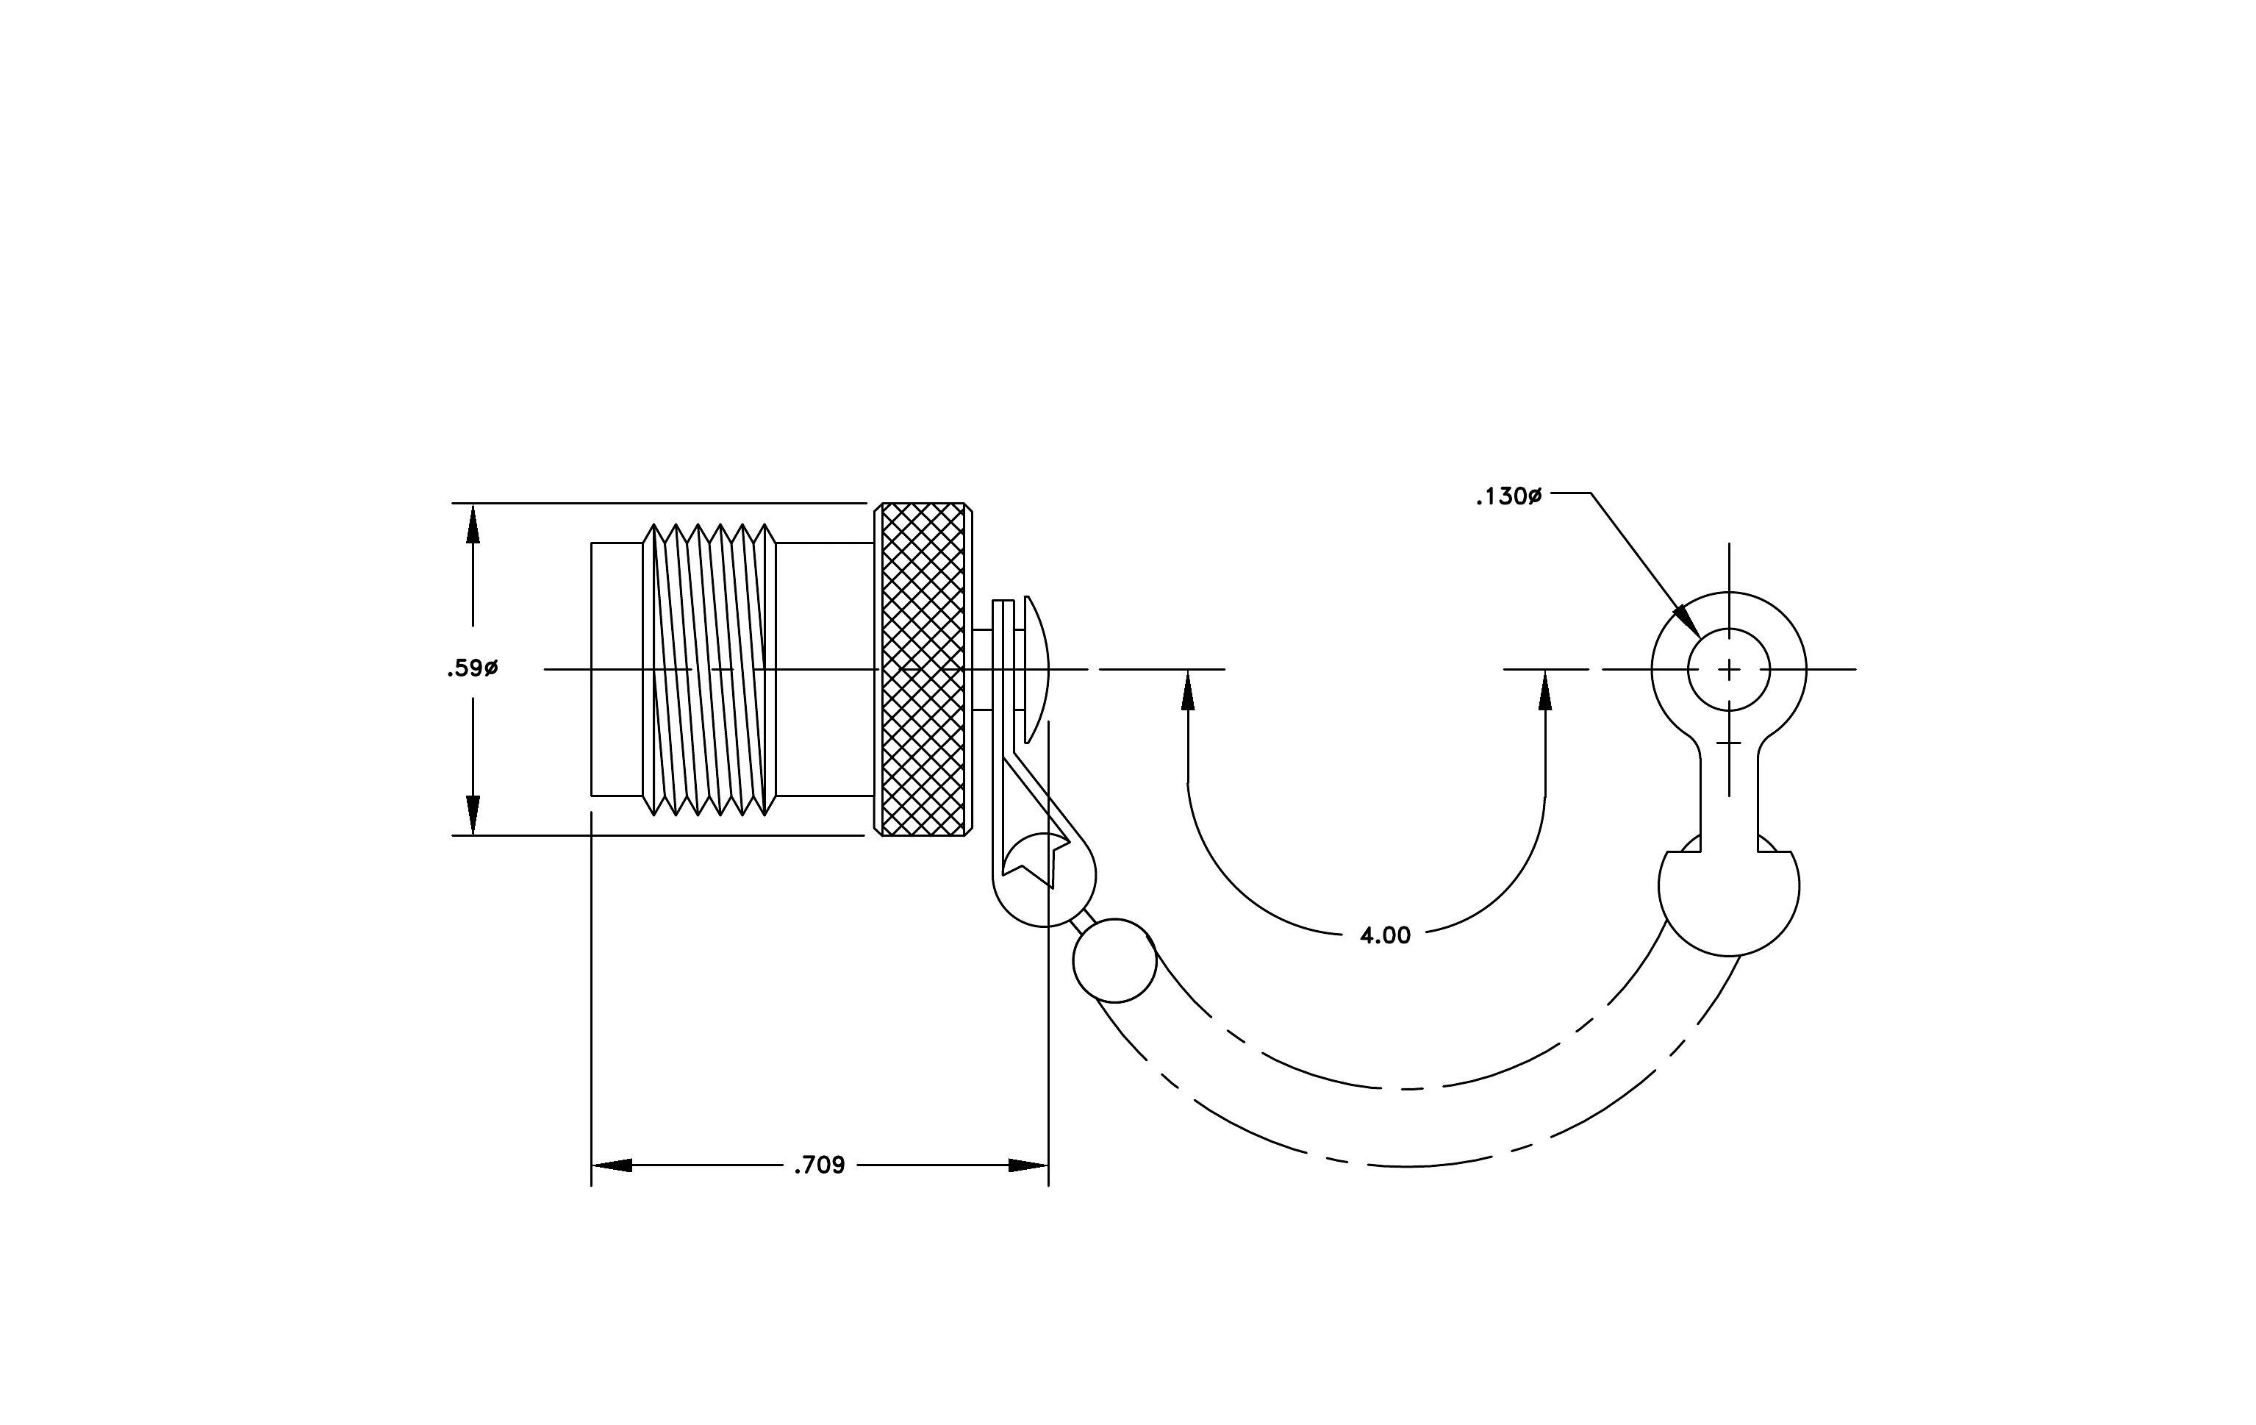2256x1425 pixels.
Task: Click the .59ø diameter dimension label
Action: pyautogui.click(x=472, y=669)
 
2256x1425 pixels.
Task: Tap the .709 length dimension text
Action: pyautogui.click(x=819, y=1165)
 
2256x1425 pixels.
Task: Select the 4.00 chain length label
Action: pyautogui.click(x=1385, y=935)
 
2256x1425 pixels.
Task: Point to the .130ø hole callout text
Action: pyautogui.click(x=1508, y=496)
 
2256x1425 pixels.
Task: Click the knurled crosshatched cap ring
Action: pyautogui.click(x=923, y=669)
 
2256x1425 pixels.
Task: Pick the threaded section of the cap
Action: pyautogui.click(x=709, y=669)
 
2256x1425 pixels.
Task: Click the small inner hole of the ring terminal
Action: pyautogui.click(x=1728, y=669)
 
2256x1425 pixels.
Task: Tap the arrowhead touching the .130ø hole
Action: pyautogui.click(x=1686, y=620)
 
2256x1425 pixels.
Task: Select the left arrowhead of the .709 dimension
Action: pyautogui.click(x=612, y=1165)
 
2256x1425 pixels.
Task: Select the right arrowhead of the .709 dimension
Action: pyautogui.click(x=1028, y=1165)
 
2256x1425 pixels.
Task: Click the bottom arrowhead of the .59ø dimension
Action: pyautogui.click(x=473, y=814)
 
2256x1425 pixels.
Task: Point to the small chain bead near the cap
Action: pyautogui.click(x=1114, y=960)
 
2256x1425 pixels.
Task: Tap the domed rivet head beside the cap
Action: pyautogui.click(x=1036, y=669)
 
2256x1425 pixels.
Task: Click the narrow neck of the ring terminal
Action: pyautogui.click(x=1728, y=796)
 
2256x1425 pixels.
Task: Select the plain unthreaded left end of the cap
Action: pyautogui.click(x=617, y=669)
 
